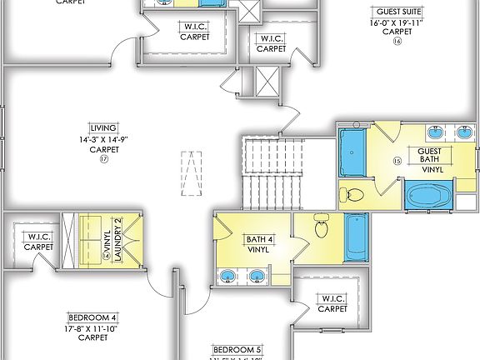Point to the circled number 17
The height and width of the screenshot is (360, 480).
tap(104, 158)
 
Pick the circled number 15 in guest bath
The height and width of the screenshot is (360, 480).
tap(397, 160)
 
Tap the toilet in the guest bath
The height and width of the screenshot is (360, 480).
tap(353, 195)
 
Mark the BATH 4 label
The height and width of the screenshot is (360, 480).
tap(257, 244)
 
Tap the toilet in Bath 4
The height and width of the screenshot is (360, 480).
tap(323, 226)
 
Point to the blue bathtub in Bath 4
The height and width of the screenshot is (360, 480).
tap(356, 237)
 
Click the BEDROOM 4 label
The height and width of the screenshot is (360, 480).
tap(92, 317)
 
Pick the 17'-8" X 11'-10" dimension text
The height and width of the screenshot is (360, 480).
tap(92, 327)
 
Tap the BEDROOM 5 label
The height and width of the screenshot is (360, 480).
tap(237, 348)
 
